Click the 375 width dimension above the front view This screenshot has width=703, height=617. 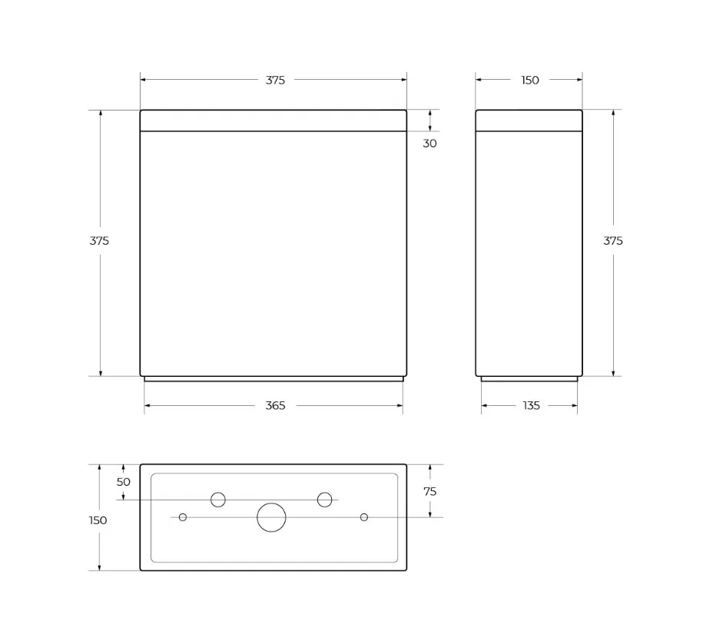pyautogui.click(x=275, y=80)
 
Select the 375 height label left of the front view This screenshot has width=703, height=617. pyautogui.click(x=99, y=241)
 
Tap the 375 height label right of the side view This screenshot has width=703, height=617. pyautogui.click(x=613, y=241)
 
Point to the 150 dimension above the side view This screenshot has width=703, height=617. pyautogui.click(x=530, y=80)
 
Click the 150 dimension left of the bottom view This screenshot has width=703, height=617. pyautogui.click(x=98, y=520)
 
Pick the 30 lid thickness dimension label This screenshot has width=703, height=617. pyautogui.click(x=429, y=144)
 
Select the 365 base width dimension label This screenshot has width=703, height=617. pyautogui.click(x=275, y=406)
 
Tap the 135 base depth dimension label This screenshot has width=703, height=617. pyautogui.click(x=532, y=406)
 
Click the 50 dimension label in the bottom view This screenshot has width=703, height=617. pyautogui.click(x=123, y=482)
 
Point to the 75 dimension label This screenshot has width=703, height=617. pyautogui.click(x=429, y=492)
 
